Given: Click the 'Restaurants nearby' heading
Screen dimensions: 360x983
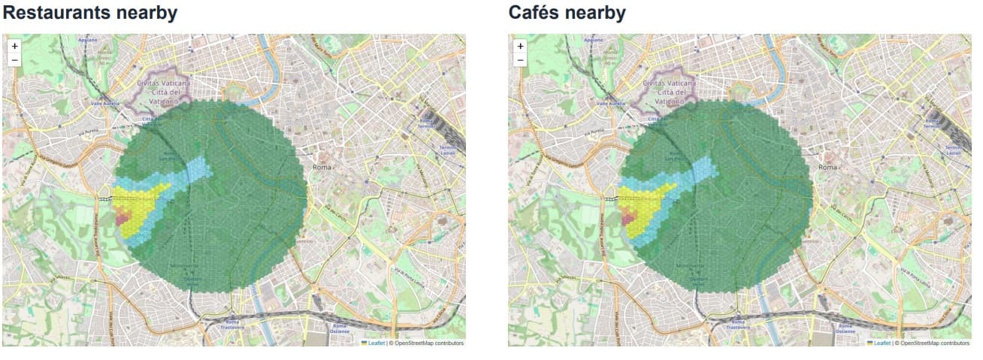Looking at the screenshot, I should tap(91, 13).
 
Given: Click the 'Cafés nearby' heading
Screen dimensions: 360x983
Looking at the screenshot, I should tap(567, 13).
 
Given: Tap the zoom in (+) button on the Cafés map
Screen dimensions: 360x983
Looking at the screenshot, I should tap(520, 46).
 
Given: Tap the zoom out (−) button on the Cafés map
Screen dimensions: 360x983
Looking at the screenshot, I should tap(520, 59).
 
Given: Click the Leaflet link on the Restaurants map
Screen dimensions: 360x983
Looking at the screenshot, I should tap(376, 343).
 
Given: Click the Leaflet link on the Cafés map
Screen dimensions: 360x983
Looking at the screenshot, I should tap(882, 343).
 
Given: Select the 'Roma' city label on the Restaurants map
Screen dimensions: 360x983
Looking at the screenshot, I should tap(322, 167).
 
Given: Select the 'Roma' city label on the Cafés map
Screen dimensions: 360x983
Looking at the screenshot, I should tap(828, 167).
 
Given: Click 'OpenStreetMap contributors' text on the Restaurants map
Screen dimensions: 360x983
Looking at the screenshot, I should tap(428, 343).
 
